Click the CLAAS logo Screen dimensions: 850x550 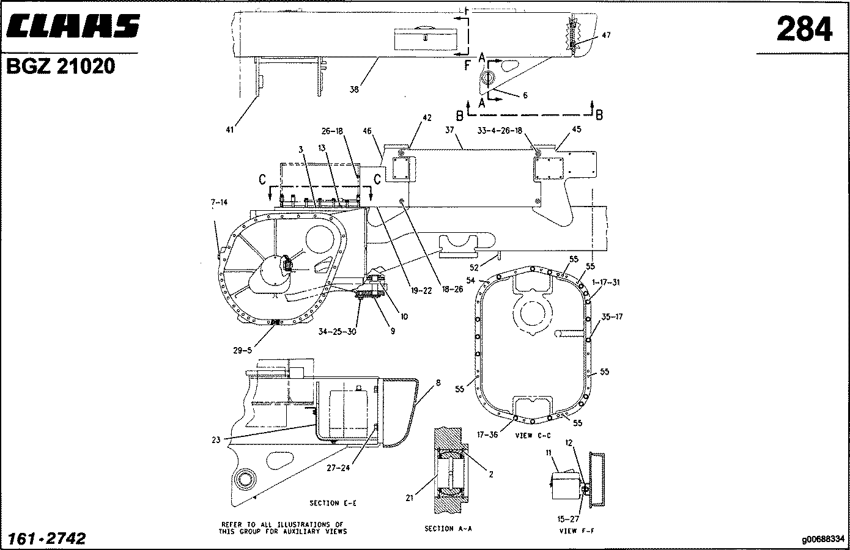point(73,26)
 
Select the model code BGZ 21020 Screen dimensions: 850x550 point(61,66)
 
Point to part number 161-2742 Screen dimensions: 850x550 point(47,538)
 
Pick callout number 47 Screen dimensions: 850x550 point(606,35)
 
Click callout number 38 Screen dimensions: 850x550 point(354,89)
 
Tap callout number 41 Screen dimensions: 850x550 point(229,130)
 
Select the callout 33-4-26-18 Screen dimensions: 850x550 point(500,131)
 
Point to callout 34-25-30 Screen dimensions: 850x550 point(338,331)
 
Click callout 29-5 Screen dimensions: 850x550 point(243,351)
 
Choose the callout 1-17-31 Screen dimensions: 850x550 point(606,282)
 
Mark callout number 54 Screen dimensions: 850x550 point(470,280)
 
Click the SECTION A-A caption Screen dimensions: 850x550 point(448,529)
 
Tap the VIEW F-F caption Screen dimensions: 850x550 point(577,530)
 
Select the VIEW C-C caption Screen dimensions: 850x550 point(533,436)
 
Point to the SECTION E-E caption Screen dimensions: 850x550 point(333,503)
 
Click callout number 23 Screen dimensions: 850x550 point(216,440)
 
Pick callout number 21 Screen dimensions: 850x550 point(409,497)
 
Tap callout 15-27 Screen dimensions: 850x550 point(568,519)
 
